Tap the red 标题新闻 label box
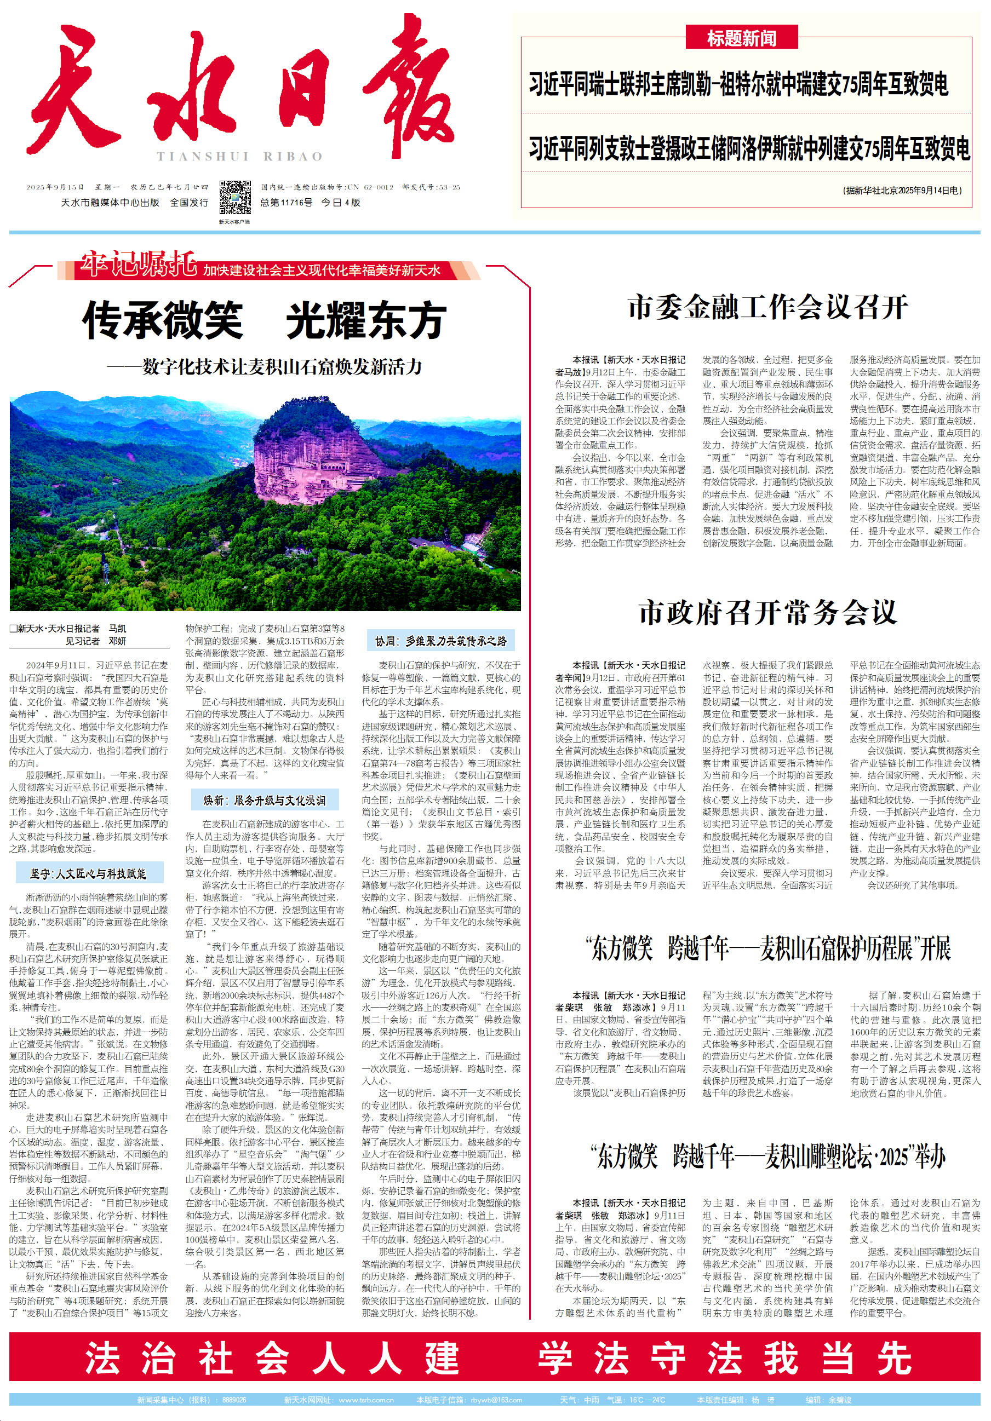(x=741, y=38)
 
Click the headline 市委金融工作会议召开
(x=767, y=307)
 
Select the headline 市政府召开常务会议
(x=767, y=612)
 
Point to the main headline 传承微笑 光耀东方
(x=264, y=320)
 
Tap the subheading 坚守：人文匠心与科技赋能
(x=89, y=873)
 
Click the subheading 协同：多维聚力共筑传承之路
(x=441, y=641)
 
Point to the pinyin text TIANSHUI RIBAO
(x=239, y=157)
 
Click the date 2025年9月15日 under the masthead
(x=54, y=187)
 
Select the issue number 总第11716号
(x=286, y=203)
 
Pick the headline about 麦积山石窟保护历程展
(x=767, y=947)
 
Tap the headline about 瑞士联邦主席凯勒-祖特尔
(x=738, y=84)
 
